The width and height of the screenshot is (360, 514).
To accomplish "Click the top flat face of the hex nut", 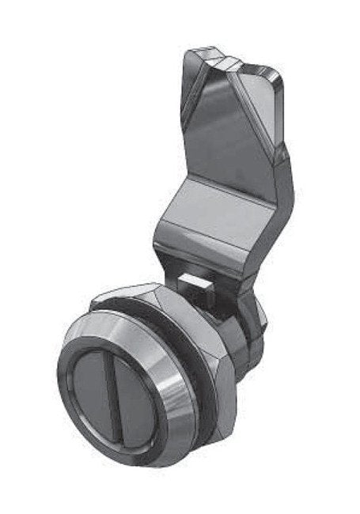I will [127, 297].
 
